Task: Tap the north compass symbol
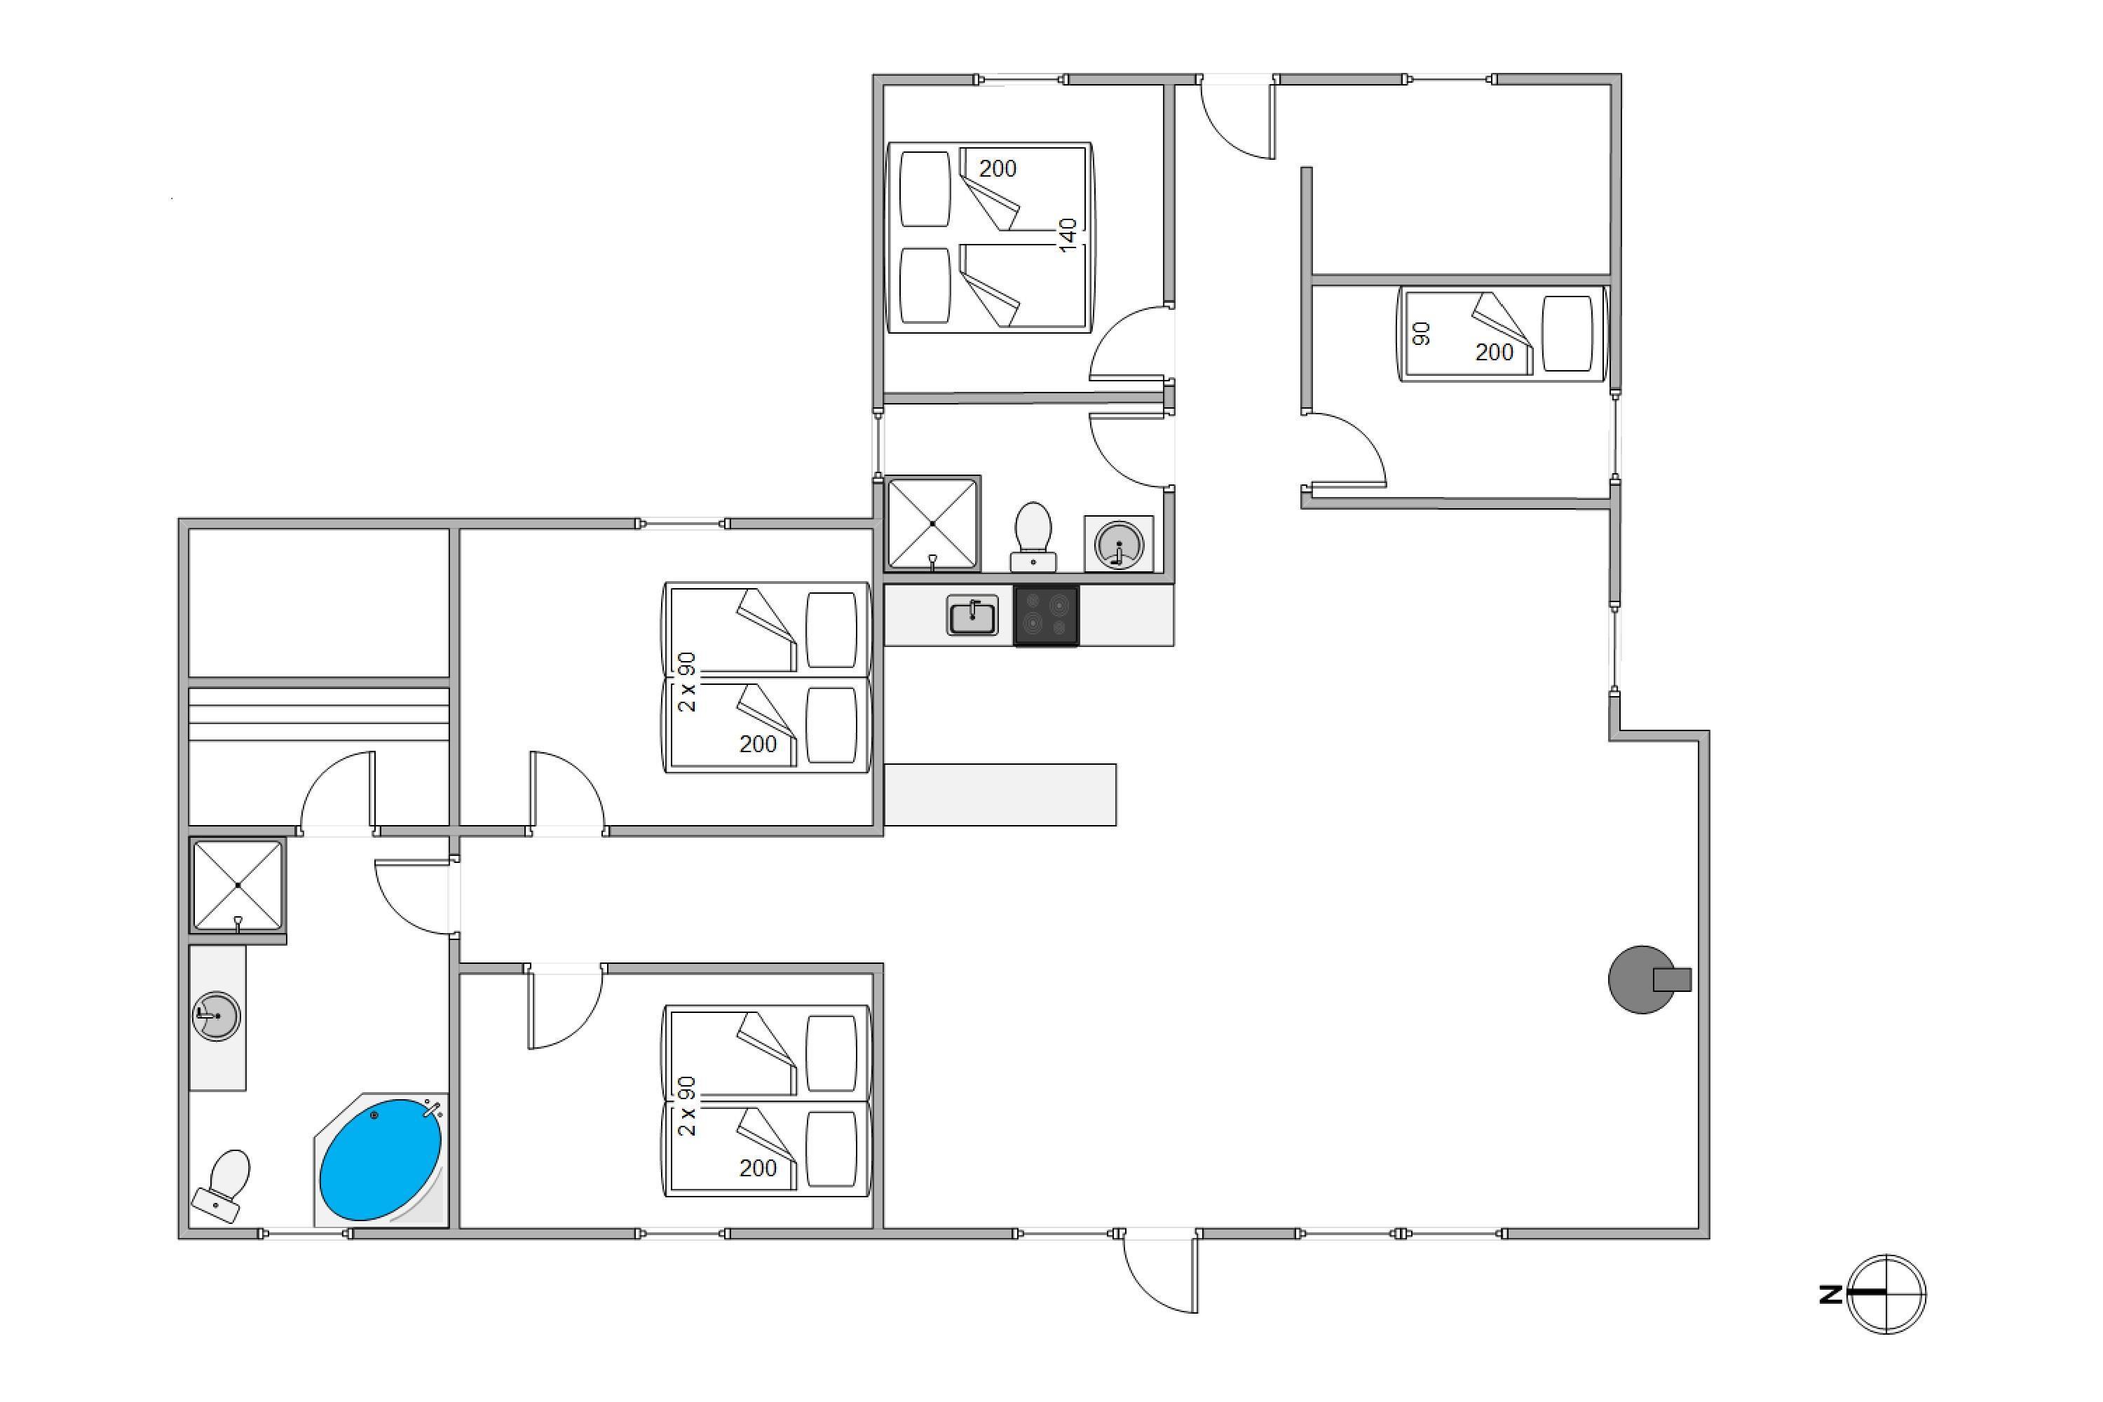click(1886, 1294)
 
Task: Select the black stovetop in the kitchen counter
click(1046, 615)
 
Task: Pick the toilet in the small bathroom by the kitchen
click(1033, 536)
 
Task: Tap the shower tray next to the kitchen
click(932, 524)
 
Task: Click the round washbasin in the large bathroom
click(217, 1016)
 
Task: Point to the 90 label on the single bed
click(1421, 334)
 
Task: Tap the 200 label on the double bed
click(998, 168)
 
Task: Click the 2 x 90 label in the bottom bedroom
click(687, 1106)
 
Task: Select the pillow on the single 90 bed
click(1567, 334)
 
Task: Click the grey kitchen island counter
click(1000, 795)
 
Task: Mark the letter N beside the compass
click(1830, 1294)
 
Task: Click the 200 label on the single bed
click(1494, 353)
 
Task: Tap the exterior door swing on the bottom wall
click(1159, 1274)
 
